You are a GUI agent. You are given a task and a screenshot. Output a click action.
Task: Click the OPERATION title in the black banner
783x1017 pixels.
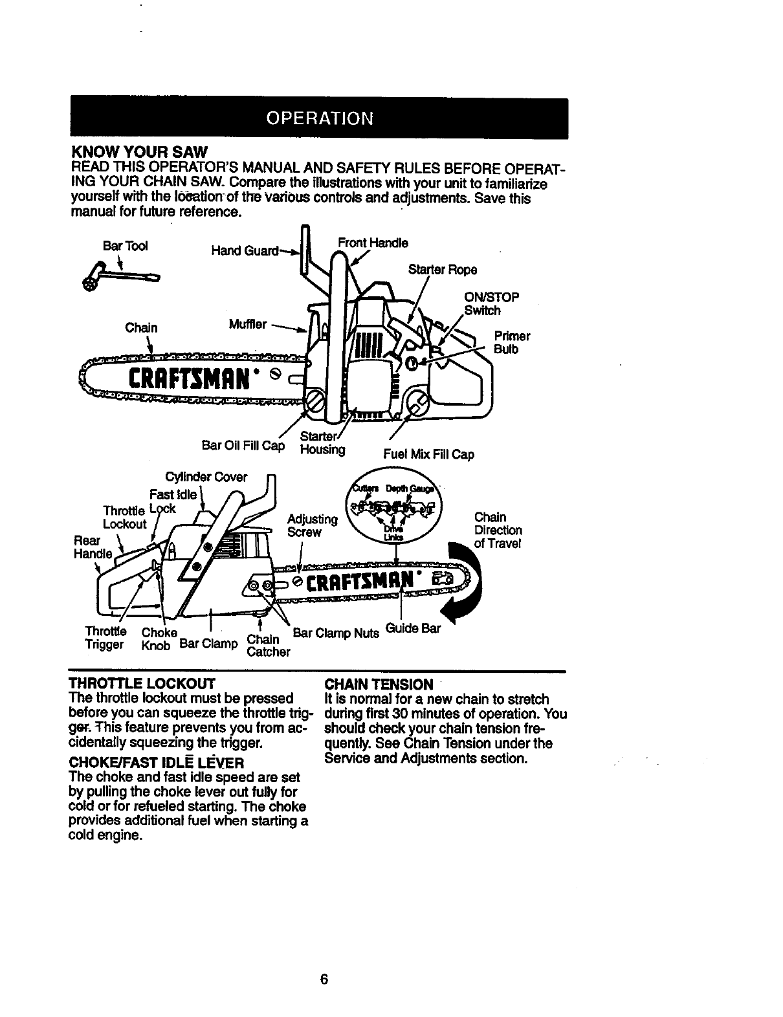[x=320, y=118]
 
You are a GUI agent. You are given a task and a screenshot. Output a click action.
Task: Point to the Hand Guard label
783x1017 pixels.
[x=245, y=250]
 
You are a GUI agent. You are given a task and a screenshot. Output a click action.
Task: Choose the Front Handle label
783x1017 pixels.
[x=373, y=243]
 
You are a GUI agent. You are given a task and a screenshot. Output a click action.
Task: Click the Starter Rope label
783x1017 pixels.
[x=443, y=269]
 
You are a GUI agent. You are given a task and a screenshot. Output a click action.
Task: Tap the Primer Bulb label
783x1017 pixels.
[x=512, y=343]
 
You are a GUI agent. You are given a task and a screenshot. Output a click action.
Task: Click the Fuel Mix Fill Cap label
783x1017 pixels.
[x=428, y=454]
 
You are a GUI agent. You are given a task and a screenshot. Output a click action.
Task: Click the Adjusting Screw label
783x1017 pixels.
[x=313, y=525]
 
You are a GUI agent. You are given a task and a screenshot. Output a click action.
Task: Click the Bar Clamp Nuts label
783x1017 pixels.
[x=336, y=633]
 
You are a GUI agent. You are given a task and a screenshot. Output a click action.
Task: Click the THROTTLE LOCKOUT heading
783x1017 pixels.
[x=142, y=684]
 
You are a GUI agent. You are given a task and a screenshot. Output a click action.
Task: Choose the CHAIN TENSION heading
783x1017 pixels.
[x=379, y=684]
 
